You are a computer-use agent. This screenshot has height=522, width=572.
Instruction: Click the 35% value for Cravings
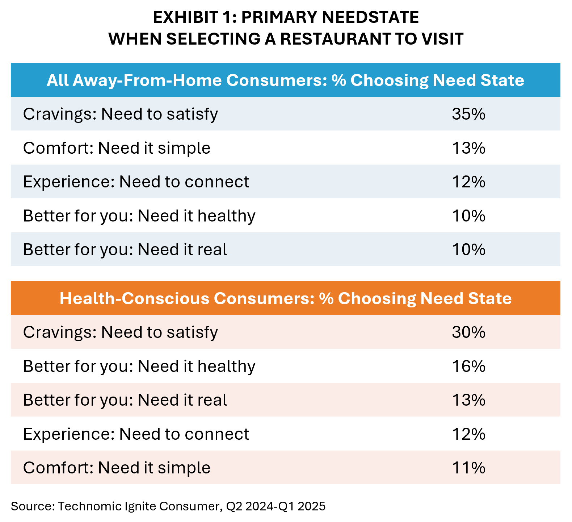point(468,114)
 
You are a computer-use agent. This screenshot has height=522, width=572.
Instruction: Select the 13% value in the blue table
point(468,148)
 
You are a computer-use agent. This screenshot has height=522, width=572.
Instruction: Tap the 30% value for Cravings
point(468,332)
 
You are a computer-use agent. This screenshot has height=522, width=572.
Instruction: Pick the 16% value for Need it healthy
point(468,366)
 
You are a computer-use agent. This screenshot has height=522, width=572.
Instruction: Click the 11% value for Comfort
point(468,468)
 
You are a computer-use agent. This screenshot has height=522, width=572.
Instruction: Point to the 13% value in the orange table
point(468,400)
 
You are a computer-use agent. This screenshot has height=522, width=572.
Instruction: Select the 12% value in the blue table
point(468,182)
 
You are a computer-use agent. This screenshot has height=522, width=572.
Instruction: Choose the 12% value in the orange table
point(468,434)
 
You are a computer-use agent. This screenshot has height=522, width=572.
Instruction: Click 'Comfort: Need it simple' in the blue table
point(117,148)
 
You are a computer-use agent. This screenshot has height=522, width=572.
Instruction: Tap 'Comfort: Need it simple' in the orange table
point(117,468)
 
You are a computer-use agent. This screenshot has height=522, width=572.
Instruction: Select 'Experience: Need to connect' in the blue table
point(136,182)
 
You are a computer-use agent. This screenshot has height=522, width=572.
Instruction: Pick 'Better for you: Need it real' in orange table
point(125,400)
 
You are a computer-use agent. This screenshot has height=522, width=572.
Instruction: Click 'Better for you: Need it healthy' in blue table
point(139,216)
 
